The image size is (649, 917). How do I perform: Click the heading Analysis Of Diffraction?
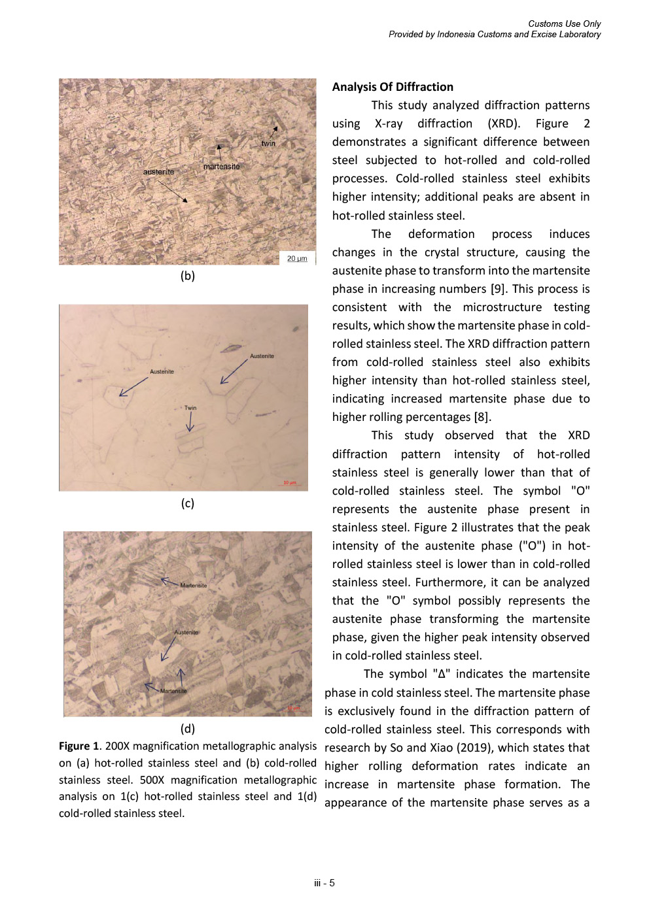pos(393,87)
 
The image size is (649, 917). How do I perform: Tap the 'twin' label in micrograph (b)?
pos(268,144)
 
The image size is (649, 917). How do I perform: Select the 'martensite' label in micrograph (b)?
pos(221,167)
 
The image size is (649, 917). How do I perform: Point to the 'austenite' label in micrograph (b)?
pos(159,172)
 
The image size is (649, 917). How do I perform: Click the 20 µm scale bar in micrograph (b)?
pos(297,259)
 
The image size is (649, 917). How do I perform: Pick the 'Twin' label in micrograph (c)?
pos(190,408)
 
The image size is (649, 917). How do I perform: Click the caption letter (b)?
pos(188,276)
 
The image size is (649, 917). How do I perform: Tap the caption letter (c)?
pos(188,503)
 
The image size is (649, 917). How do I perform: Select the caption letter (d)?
pos(188,728)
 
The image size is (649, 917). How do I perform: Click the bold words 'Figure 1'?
pos(79,746)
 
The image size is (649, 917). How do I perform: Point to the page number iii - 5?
pos(324,883)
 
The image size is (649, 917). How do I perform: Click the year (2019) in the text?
pos(472,748)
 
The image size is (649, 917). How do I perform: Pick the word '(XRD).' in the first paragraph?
pos(504,124)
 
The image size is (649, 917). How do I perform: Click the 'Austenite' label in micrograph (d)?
pos(186,632)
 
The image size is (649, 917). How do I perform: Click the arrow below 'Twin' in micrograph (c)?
pos(190,423)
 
